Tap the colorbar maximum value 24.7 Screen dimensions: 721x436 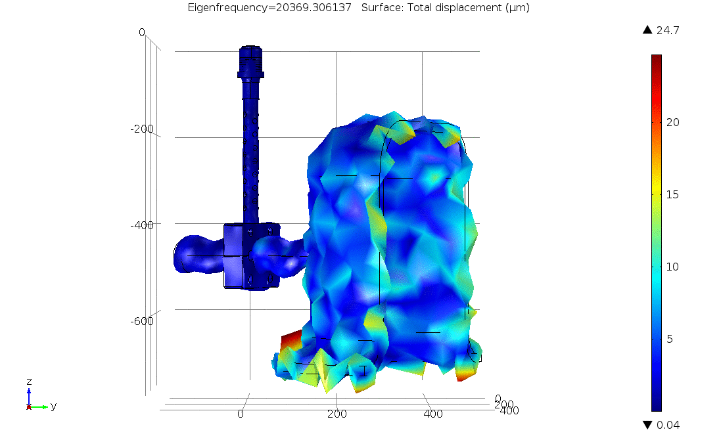(668, 30)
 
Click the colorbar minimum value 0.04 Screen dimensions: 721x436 (668, 425)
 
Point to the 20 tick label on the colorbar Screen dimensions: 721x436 (673, 122)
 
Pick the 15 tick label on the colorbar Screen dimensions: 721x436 (673, 194)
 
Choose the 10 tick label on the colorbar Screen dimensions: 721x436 (673, 267)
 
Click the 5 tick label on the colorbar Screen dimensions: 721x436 (670, 339)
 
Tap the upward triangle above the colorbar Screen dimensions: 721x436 (647, 30)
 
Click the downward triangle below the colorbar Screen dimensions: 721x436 (647, 425)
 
